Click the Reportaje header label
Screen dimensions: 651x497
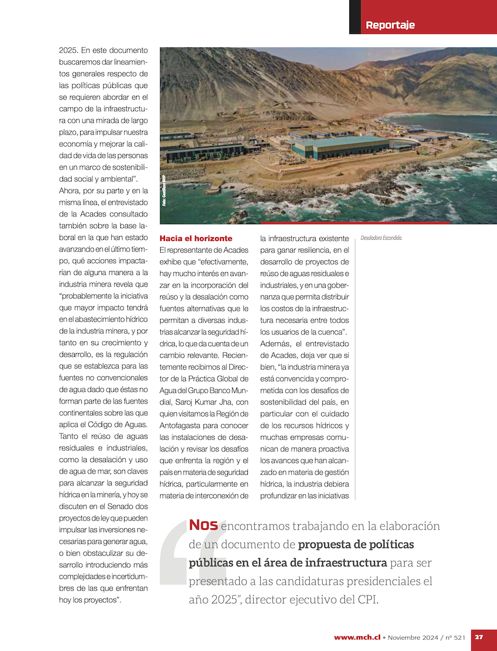click(x=390, y=25)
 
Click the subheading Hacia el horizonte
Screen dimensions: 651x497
click(x=196, y=239)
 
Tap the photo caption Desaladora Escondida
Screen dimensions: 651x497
click(x=382, y=238)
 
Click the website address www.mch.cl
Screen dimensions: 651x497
click(x=357, y=637)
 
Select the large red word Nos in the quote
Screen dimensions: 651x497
click(x=203, y=525)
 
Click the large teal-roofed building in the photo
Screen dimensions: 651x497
click(x=339, y=146)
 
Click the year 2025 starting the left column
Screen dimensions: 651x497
click(x=68, y=50)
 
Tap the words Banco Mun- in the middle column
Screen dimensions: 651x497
click(x=227, y=390)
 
